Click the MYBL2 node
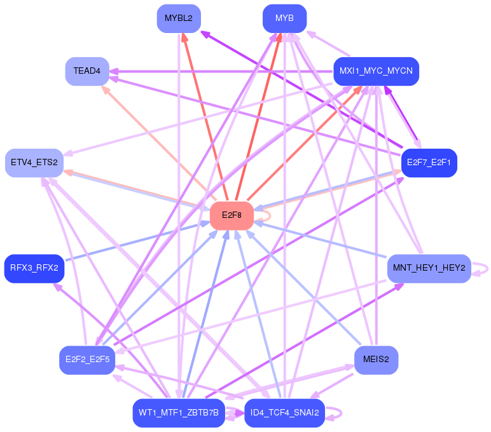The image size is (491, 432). click(179, 18)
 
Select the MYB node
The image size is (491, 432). click(285, 18)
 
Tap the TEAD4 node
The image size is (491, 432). click(87, 71)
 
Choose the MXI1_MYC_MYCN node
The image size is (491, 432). click(376, 71)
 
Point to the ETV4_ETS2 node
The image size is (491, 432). click(34, 163)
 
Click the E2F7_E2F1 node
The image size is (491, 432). click(429, 163)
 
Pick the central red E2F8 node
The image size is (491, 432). click(232, 216)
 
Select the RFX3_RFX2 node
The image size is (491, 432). click(34, 268)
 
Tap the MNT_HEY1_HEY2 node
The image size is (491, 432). click(429, 268)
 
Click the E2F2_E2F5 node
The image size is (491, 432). click(87, 360)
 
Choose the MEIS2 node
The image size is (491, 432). click(376, 360)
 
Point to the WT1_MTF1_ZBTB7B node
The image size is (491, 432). click(179, 413)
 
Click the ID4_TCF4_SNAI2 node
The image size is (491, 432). click(285, 413)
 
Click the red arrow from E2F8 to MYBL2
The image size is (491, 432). click(205, 117)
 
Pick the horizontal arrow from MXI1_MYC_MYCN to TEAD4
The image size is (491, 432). click(221, 72)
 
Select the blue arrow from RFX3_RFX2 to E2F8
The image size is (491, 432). click(137, 241)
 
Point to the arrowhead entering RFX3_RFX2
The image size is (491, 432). click(58, 287)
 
